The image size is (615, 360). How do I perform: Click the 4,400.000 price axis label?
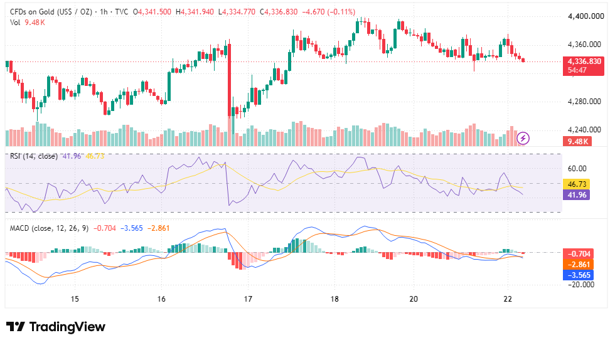coord(586,16)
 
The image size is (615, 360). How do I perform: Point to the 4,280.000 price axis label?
coord(584,102)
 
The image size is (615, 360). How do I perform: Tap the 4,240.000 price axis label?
coord(584,130)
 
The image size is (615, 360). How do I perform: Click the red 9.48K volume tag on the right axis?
coord(577,141)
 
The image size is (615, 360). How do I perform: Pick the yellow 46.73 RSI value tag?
coord(577,184)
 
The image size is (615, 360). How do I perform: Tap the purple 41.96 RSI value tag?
coord(577,194)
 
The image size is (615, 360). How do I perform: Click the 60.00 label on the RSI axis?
coord(577,169)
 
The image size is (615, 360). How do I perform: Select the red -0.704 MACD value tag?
coord(578,254)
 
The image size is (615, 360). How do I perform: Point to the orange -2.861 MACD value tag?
coord(578,264)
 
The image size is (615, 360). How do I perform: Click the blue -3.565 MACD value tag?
coord(578,275)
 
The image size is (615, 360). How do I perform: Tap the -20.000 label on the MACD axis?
coord(581,284)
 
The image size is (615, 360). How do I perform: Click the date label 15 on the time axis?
coord(75,299)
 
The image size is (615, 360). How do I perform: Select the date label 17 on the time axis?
coord(247,299)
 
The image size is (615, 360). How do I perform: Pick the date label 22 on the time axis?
coord(508,299)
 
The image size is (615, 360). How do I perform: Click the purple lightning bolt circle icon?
coord(523,138)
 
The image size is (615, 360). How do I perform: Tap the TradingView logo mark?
coord(16,326)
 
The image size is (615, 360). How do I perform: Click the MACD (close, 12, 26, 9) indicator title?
coord(49,228)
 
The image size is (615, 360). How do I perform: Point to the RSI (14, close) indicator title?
coord(34,156)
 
